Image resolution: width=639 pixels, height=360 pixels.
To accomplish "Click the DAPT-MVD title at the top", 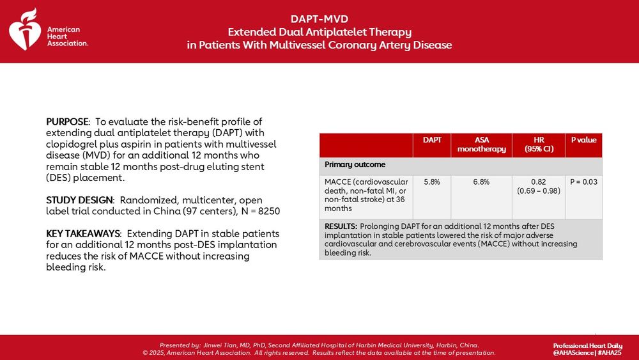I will point(319,19).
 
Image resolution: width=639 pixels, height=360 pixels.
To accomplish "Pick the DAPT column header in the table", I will point(432,139).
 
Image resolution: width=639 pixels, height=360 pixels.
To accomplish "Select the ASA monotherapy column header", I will point(481,144).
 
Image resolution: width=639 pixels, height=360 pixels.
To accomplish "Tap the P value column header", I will point(583,139).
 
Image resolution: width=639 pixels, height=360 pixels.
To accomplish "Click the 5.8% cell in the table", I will point(432,182).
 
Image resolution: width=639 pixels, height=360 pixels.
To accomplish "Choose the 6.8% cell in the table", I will point(481,182).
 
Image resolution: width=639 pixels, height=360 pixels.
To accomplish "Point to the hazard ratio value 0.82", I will point(537,182).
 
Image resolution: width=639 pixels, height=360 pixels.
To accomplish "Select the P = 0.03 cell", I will point(583,182).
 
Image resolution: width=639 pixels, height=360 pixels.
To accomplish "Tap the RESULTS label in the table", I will point(341,226).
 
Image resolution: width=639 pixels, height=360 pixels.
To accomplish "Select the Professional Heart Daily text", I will point(587,345).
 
